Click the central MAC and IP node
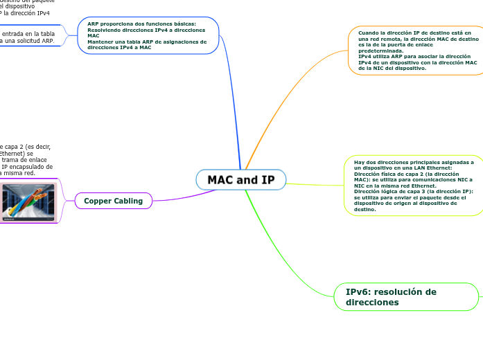pyautogui.click(x=241, y=180)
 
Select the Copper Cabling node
pyautogui.click(x=113, y=201)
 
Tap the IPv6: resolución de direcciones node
pyautogui.click(x=406, y=297)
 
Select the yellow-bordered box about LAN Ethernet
pyautogui.click(x=414, y=185)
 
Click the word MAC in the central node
pyautogui.click(x=221, y=180)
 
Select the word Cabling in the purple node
pyautogui.click(x=128, y=201)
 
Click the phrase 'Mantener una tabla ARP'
pyautogui.click(x=116, y=42)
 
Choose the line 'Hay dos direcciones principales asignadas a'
pyautogui.click(x=414, y=162)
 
